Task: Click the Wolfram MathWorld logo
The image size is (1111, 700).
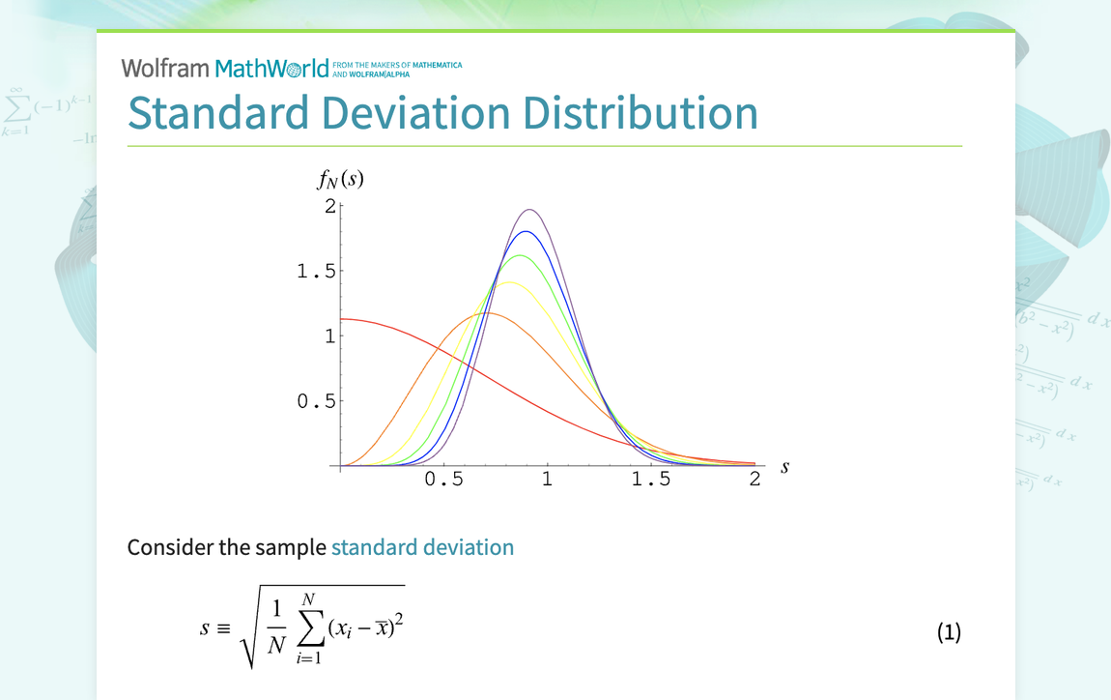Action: point(225,68)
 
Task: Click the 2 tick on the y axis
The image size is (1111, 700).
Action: point(329,206)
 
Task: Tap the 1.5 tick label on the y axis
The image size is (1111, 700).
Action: point(316,272)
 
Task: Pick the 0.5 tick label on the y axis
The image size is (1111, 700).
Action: point(316,401)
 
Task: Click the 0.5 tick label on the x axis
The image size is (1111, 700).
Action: point(443,480)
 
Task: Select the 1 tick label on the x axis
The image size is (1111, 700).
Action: point(547,480)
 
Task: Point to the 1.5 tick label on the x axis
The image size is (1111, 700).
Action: point(650,480)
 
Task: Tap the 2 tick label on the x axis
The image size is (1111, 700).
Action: point(755,480)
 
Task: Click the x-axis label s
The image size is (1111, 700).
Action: point(784,467)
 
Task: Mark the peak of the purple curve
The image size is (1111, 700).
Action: point(529,210)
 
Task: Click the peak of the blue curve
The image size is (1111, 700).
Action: point(525,232)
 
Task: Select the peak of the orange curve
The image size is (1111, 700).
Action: point(489,312)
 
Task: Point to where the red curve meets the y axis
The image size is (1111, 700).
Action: point(341,319)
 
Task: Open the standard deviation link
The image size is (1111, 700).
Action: point(422,547)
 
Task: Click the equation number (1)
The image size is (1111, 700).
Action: point(949,632)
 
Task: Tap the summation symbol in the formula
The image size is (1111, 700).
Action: point(311,630)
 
